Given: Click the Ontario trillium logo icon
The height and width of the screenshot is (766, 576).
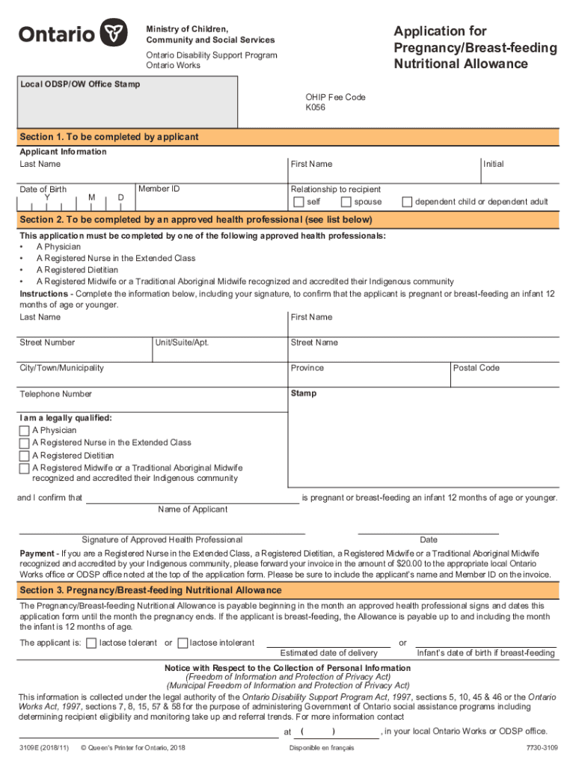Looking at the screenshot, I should [x=114, y=34].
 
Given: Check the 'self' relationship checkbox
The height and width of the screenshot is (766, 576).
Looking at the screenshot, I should [x=299, y=202].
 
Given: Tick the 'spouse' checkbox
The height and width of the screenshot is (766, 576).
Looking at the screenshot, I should [x=346, y=202].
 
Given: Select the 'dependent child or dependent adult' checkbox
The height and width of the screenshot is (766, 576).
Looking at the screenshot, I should [x=407, y=202].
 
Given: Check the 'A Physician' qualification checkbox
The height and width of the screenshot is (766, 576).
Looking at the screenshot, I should [x=25, y=431].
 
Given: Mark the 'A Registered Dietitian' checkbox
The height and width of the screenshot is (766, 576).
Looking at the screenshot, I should [x=25, y=456].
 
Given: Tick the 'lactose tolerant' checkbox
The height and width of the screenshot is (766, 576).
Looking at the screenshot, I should [x=91, y=643].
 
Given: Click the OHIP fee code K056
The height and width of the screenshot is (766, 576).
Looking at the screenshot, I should [x=315, y=107].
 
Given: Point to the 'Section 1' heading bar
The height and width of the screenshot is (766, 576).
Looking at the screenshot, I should [x=288, y=138].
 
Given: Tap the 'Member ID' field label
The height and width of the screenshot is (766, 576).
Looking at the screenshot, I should [x=159, y=189].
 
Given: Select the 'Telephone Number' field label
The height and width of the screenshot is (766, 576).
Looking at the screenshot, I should [x=56, y=394].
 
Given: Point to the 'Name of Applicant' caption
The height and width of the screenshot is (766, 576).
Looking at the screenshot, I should [x=193, y=509].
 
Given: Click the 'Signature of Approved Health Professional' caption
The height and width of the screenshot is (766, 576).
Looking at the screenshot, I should [x=162, y=540].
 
